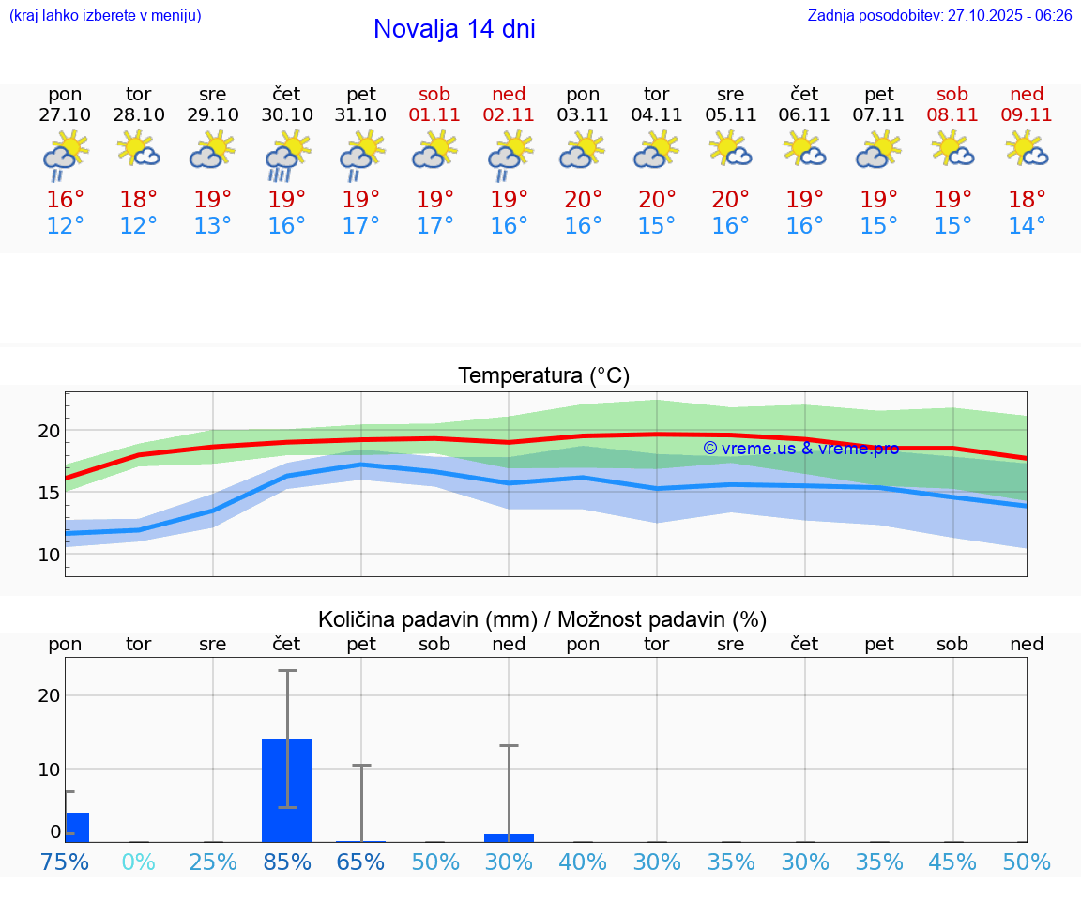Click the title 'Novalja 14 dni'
tap(454, 29)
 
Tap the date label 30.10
tap(287, 115)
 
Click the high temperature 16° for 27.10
tap(65, 200)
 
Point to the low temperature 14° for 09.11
tap(1027, 226)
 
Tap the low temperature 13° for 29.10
tap(213, 226)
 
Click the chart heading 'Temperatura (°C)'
tap(543, 376)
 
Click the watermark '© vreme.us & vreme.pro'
tap(800, 449)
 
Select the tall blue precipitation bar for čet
tap(287, 789)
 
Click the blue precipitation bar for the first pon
tap(77, 827)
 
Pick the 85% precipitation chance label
tap(287, 862)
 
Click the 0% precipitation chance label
tap(139, 862)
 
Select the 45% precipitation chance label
tap(952, 862)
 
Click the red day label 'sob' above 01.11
tap(434, 94)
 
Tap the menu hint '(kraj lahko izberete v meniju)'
tap(105, 16)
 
